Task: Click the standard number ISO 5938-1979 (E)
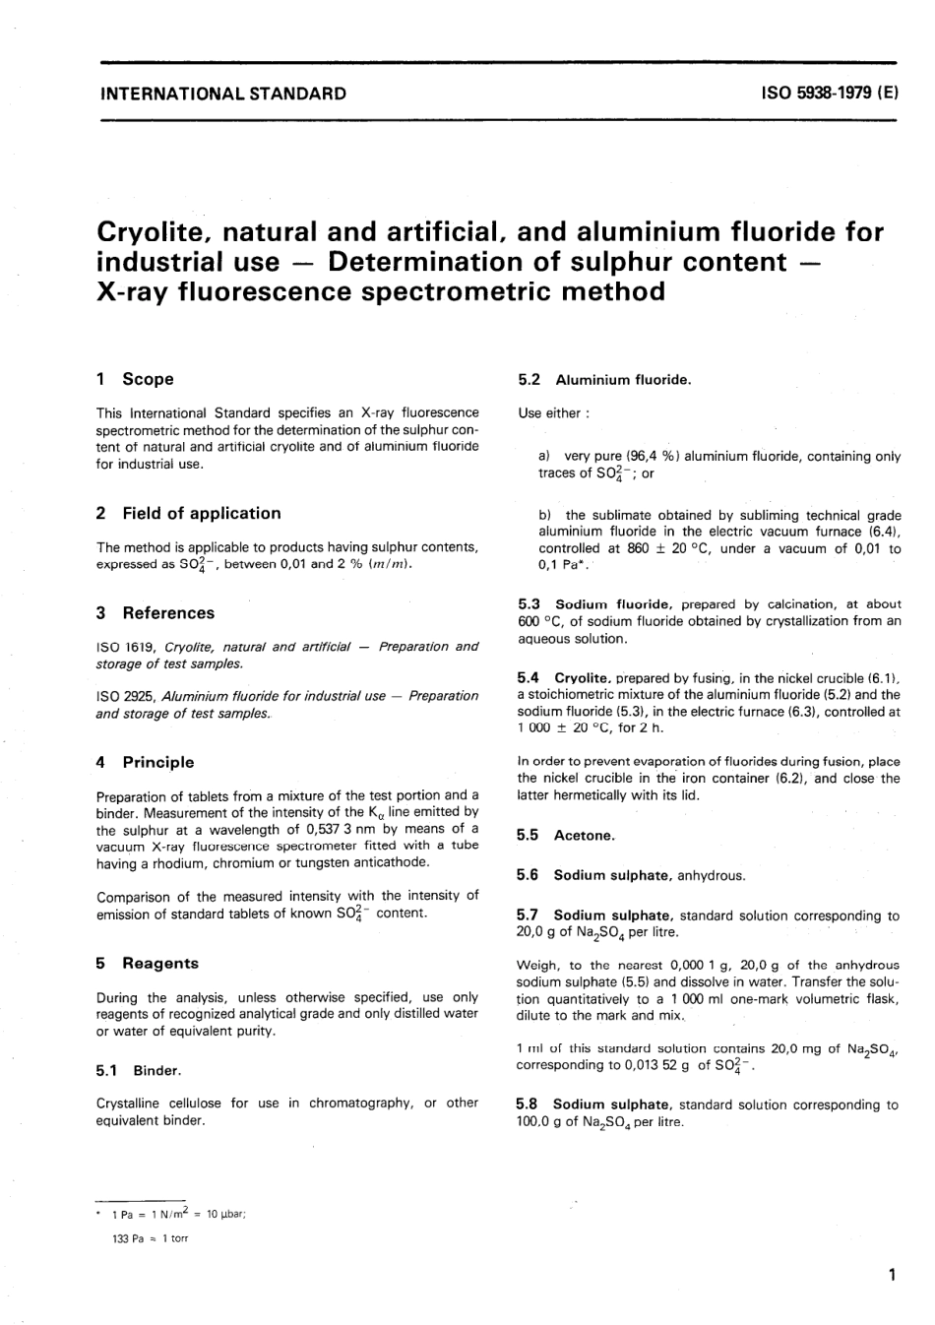[830, 95]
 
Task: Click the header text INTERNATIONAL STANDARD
[223, 95]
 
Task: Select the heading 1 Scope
[135, 379]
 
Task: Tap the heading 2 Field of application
[189, 513]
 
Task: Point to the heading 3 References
[156, 612]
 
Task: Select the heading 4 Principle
[146, 762]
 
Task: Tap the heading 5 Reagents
[148, 963]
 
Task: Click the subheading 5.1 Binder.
[139, 1070]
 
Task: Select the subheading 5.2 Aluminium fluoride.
[604, 380]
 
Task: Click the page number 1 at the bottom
[892, 1277]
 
